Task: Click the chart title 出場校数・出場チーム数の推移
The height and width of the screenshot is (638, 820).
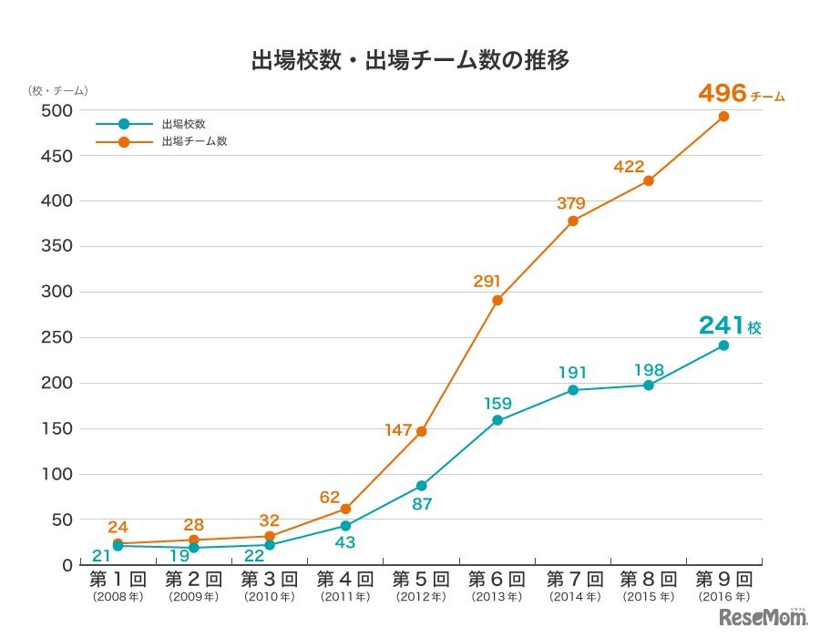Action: pos(410,61)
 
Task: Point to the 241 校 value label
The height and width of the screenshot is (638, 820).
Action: pos(729,325)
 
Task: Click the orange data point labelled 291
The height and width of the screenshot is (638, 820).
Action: pos(497,300)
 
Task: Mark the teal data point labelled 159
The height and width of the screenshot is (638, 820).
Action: pos(497,420)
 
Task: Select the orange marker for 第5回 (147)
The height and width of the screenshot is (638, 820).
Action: pos(421,431)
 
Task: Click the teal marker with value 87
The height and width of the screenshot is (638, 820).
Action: pos(421,486)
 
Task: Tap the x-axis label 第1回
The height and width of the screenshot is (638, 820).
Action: pos(118,580)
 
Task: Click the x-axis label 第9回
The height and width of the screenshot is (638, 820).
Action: pos(723,580)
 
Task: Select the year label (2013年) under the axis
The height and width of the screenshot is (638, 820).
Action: pos(497,598)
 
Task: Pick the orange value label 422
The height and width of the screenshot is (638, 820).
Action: pos(630,167)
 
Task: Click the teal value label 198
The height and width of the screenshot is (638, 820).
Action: pos(649,370)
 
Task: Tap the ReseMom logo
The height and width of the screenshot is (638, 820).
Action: pos(764,617)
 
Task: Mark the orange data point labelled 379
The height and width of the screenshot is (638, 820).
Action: pos(573,221)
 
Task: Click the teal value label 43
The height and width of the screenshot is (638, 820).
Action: pos(344,542)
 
